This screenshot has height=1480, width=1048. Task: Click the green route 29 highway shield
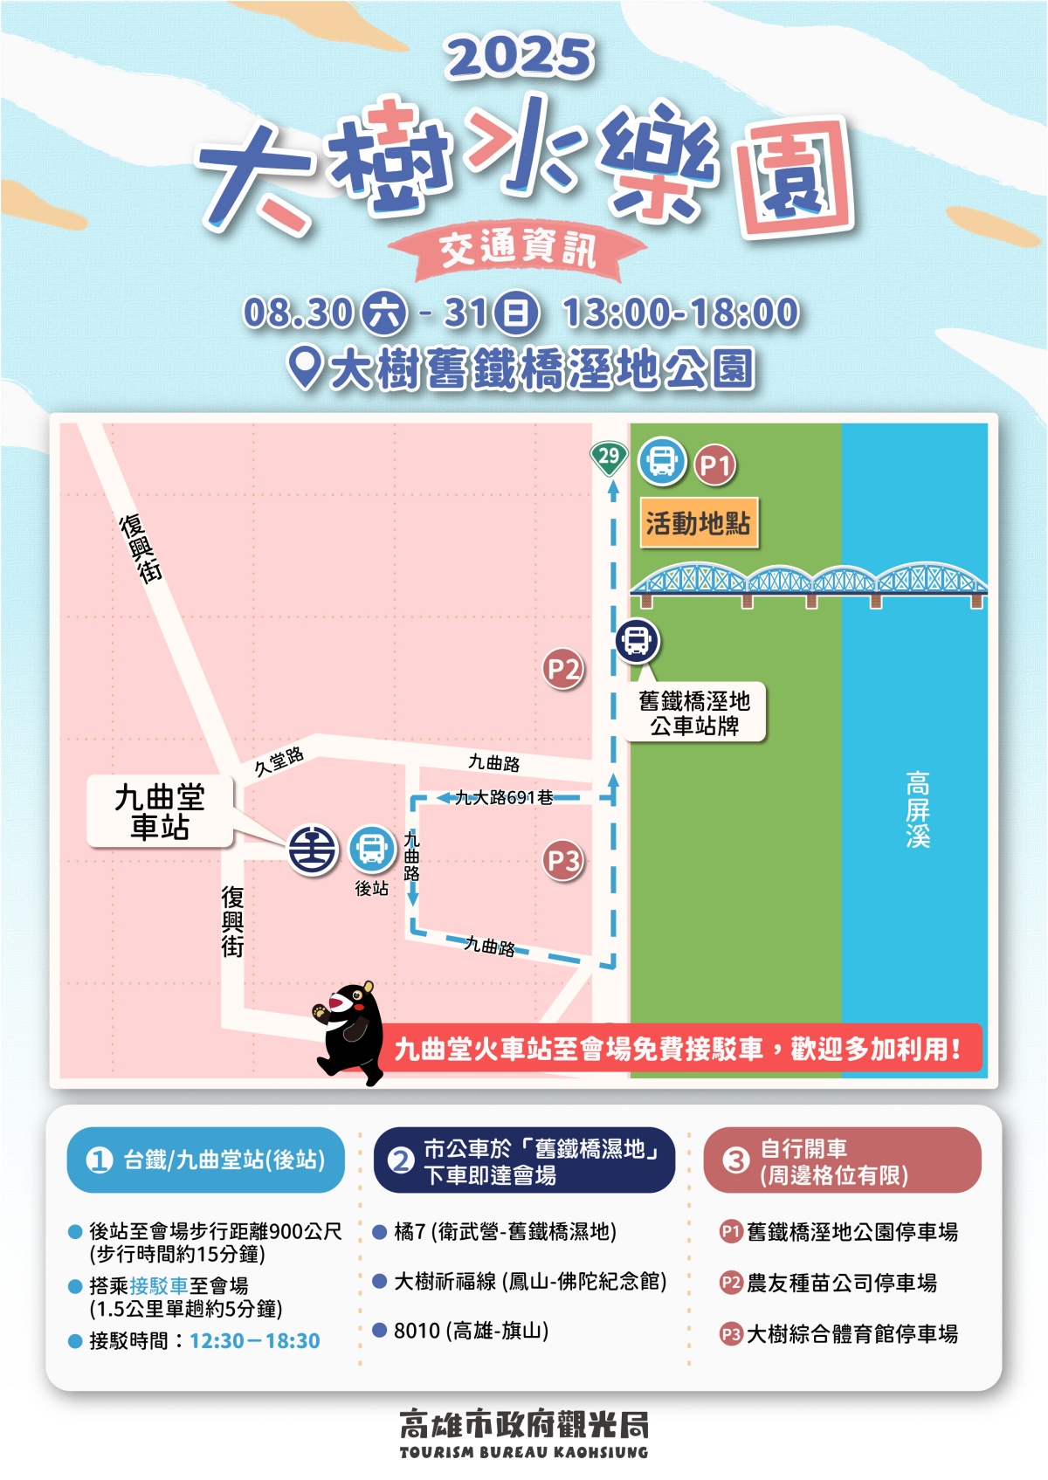point(608,457)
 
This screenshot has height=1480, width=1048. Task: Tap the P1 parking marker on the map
point(714,465)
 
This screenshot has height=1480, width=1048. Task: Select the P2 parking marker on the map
point(562,670)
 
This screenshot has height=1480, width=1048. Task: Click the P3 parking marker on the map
point(562,861)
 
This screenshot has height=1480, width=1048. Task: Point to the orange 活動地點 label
point(699,523)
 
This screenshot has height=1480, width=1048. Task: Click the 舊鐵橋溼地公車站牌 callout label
point(694,712)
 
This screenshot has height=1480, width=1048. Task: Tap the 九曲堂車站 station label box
point(160,811)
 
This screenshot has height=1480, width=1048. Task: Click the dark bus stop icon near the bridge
point(638,640)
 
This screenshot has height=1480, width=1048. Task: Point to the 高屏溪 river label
point(917,809)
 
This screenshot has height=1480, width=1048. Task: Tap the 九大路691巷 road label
point(504,797)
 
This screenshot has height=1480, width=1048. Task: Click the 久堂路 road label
point(279,761)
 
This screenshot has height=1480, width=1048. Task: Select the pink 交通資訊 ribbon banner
point(518,250)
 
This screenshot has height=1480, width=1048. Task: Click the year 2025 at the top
point(520,57)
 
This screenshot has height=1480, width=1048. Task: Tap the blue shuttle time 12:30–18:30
point(255,1341)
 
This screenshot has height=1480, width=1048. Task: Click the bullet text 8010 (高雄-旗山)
point(472,1331)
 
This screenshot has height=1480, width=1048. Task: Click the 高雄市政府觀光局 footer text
point(524,1424)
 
